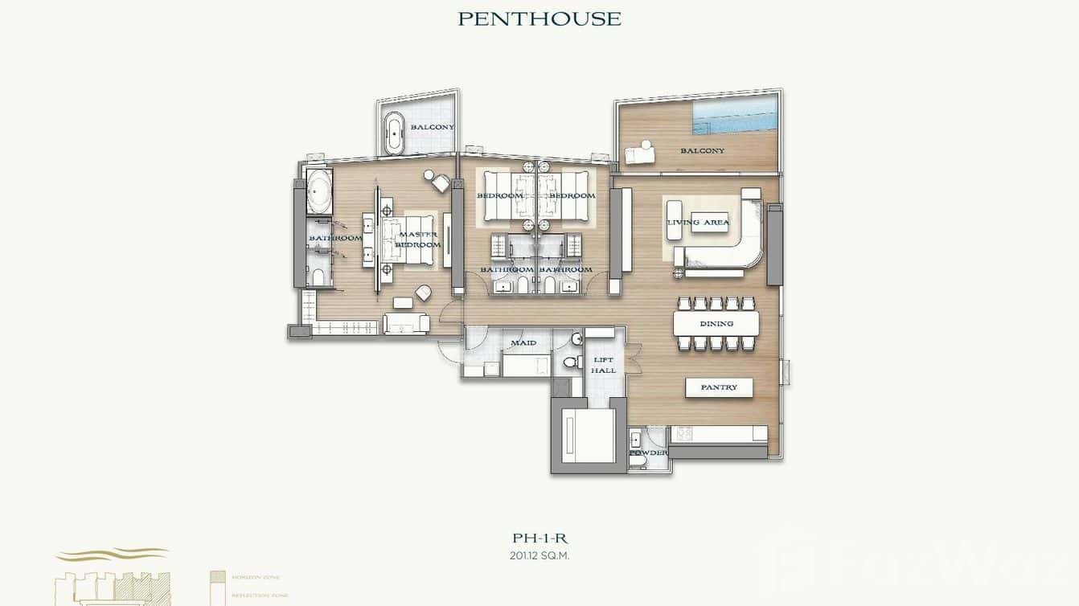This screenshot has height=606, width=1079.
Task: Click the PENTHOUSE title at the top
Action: click(539, 18)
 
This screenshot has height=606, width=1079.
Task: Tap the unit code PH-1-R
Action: click(539, 539)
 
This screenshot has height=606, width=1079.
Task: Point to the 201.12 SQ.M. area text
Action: click(539, 555)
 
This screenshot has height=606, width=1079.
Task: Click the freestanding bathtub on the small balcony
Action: click(395, 133)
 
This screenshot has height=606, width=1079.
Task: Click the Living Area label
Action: click(698, 222)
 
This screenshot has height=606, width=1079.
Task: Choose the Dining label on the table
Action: click(716, 324)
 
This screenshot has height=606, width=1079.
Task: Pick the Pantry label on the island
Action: click(719, 387)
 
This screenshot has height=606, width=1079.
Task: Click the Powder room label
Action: click(648, 453)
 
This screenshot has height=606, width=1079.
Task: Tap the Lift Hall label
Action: click(603, 366)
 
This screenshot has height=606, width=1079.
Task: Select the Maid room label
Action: click(523, 343)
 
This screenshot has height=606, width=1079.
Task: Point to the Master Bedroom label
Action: click(418, 240)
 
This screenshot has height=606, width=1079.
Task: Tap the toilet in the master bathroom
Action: click(318, 278)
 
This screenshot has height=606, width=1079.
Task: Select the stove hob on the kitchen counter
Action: click(684, 432)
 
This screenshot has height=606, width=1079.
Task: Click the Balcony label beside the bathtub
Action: click(433, 127)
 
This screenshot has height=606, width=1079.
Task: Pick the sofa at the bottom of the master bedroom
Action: click(407, 323)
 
